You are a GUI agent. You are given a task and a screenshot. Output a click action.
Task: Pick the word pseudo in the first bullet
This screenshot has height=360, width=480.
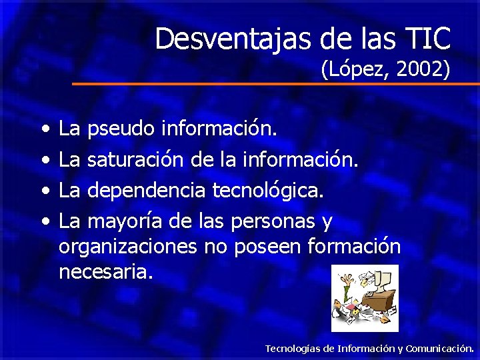121,128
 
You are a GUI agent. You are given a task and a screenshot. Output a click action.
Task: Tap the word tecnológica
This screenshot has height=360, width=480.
268,190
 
